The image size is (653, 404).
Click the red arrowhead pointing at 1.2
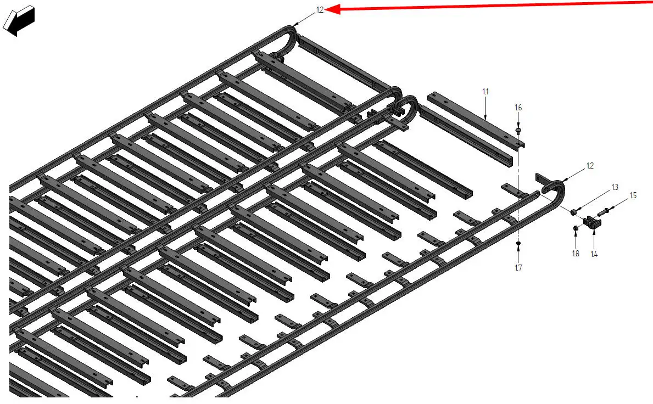(x=332, y=9)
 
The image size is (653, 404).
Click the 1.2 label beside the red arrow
(x=320, y=9)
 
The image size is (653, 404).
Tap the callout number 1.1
(x=485, y=92)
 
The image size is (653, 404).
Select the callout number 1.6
(x=518, y=108)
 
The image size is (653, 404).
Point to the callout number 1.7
(x=518, y=268)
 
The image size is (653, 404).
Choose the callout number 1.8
(x=576, y=254)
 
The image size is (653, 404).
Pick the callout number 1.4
(x=594, y=254)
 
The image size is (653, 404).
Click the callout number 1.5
(x=633, y=195)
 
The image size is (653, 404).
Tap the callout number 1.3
(x=615, y=187)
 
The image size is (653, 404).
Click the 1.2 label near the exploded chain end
(x=590, y=166)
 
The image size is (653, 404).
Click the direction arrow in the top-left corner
(x=18, y=21)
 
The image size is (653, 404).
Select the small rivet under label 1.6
(x=518, y=131)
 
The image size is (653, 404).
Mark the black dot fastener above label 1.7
(x=518, y=243)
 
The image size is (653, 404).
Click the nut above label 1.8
(x=576, y=228)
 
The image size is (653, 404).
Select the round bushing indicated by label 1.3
(x=574, y=212)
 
